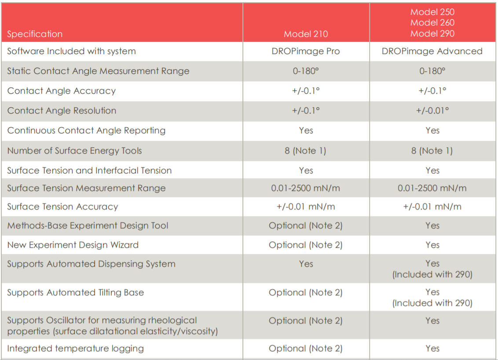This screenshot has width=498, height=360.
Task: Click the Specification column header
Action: pyautogui.click(x=35, y=34)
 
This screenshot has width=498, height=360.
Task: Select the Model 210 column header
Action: pyautogui.click(x=306, y=34)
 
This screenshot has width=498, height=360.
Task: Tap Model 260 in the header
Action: pyautogui.click(x=432, y=22)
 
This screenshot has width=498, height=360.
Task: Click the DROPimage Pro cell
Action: pyautogui.click(x=306, y=51)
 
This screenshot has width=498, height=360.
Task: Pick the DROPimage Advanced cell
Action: pyautogui.click(x=432, y=51)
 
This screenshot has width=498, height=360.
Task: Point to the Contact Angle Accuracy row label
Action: pyautogui.click(x=61, y=91)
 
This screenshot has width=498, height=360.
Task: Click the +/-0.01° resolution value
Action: pyautogui.click(x=432, y=110)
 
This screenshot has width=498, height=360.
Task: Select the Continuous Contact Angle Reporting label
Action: pyautogui.click(x=86, y=131)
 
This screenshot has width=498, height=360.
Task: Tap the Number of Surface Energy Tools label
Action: pyautogui.click(x=75, y=151)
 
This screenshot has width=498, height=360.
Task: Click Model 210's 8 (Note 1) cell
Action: pyautogui.click(x=306, y=151)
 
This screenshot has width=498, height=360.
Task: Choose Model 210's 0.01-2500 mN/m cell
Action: pyautogui.click(x=306, y=188)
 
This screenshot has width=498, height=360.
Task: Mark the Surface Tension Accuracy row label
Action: pyautogui.click(x=62, y=207)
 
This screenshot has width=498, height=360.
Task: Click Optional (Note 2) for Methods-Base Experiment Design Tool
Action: pyautogui.click(x=306, y=226)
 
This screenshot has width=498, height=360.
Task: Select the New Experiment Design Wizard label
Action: pyautogui.click(x=73, y=245)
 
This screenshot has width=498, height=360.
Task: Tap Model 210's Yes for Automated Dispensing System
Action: pyautogui.click(x=306, y=264)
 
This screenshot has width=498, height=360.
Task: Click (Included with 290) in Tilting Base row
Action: pyautogui.click(x=432, y=303)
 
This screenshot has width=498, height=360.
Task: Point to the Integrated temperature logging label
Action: pyautogui.click(x=76, y=349)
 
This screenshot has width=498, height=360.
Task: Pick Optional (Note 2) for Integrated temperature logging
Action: pyautogui.click(x=306, y=349)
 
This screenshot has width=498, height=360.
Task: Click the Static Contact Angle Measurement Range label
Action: pyautogui.click(x=98, y=71)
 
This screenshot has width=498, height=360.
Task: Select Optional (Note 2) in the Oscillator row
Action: pyautogui.click(x=306, y=321)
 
